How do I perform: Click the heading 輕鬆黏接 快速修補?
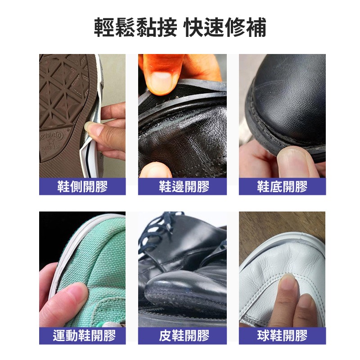[180, 27]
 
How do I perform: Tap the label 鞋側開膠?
[82, 186]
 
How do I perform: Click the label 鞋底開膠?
[282, 186]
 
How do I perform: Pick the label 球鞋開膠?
[282, 335]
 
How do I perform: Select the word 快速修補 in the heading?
[225, 27]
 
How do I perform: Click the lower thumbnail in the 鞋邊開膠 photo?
[155, 170]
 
